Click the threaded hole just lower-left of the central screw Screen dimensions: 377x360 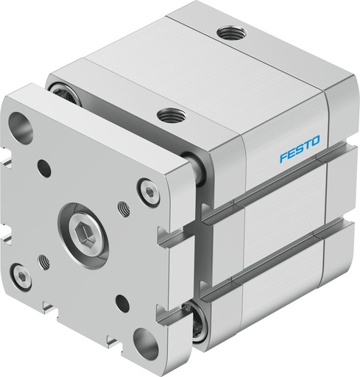click(43, 259)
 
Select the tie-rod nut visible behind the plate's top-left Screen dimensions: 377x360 click(57, 92)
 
